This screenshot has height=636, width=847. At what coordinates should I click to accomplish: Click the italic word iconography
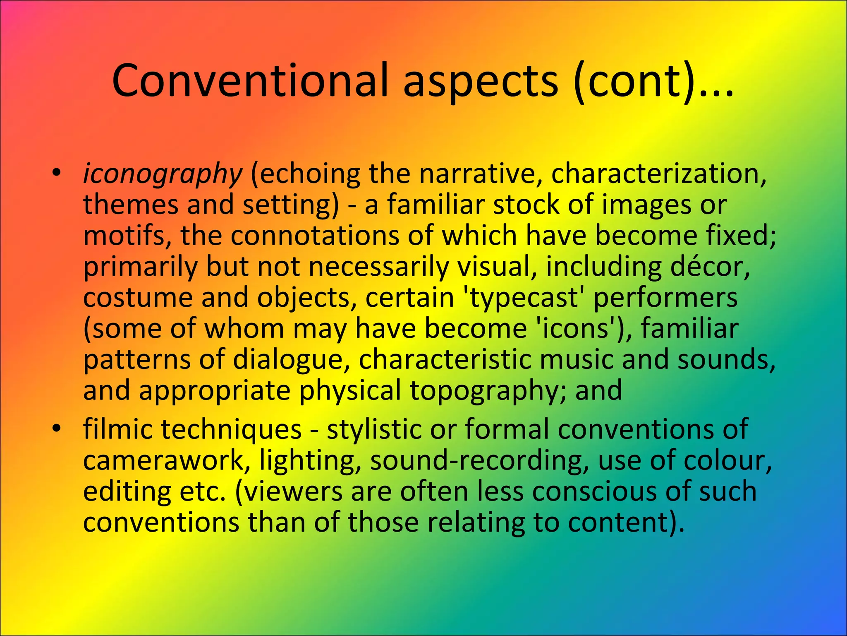coord(162,174)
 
